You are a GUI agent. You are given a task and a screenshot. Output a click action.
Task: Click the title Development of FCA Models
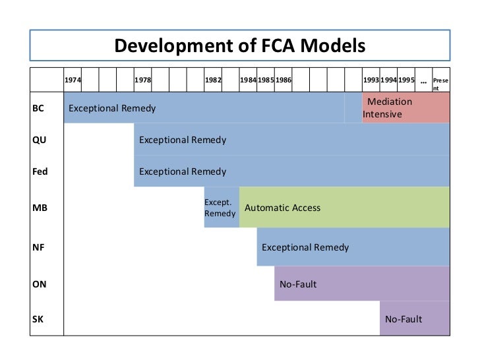click(239, 45)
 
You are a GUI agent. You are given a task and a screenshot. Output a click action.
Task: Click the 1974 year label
click(73, 80)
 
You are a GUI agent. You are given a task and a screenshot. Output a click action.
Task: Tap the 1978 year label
click(142, 80)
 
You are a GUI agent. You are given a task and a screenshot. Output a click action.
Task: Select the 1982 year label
click(213, 80)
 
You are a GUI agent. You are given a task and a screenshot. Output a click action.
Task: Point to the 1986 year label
click(284, 80)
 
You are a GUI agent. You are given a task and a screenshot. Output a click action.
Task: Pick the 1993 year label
click(371, 80)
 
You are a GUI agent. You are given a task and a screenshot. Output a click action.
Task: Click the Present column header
click(440, 83)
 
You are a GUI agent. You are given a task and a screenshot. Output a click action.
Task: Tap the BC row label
click(38, 108)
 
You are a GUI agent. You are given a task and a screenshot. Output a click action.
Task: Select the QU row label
click(39, 140)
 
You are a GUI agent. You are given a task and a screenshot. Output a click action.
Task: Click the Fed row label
click(40, 171)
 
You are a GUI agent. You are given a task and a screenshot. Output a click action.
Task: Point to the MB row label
click(40, 208)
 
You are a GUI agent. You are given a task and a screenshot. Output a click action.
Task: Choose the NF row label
click(38, 247)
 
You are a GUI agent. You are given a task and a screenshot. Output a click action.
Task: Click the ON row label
click(39, 284)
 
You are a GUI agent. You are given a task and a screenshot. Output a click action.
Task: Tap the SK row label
click(38, 320)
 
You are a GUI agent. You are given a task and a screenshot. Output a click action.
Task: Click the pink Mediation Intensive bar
click(405, 108)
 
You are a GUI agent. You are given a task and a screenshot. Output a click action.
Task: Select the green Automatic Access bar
click(344, 208)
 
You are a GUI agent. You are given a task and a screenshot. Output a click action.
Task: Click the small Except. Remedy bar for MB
click(221, 208)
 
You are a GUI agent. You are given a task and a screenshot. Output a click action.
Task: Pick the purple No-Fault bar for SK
click(414, 320)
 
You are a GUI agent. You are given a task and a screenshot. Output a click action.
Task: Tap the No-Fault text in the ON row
click(298, 284)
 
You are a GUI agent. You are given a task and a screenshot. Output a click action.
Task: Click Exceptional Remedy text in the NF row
click(305, 247)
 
